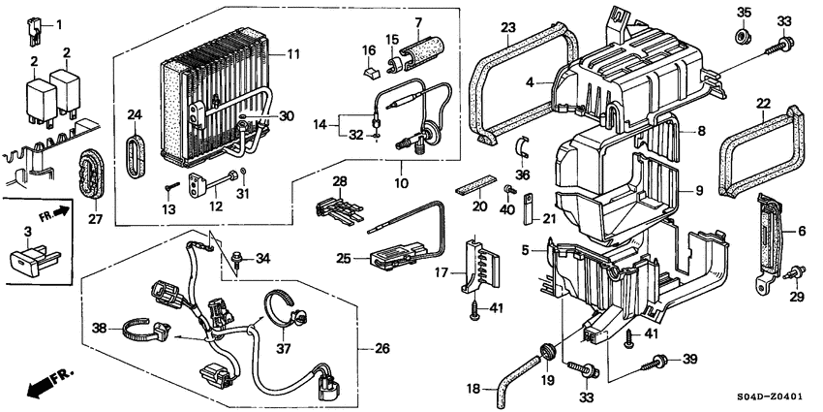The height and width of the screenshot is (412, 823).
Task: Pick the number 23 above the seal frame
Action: point(507,26)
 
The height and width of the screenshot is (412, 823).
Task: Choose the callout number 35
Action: point(744,13)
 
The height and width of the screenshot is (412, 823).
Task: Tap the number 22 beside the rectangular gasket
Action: point(763,102)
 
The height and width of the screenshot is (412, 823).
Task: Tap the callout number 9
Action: point(698,191)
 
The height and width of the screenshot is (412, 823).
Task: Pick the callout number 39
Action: point(689,360)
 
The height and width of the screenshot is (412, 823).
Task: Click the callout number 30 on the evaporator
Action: point(287,116)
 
